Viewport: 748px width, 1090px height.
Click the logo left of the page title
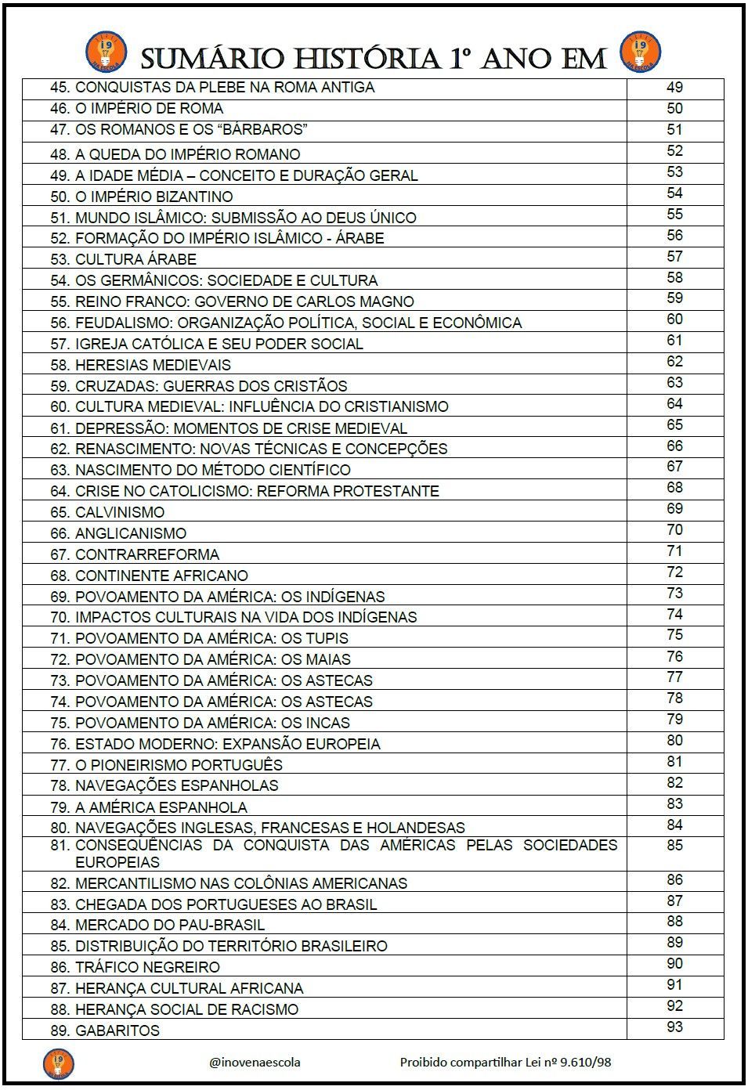100,51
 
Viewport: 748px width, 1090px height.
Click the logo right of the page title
641,51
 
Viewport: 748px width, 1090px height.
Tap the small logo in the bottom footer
58,1063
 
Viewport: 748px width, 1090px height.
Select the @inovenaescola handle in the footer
255,1063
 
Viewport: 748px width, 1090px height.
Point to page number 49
674,87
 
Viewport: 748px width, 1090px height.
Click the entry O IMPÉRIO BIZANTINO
154,197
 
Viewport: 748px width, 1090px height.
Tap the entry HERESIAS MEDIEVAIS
153,365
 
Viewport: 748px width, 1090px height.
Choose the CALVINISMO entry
119,513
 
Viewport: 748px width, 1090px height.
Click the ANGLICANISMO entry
130,534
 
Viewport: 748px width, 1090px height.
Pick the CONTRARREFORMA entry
146,555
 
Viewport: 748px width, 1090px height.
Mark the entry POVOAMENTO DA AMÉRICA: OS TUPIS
211,639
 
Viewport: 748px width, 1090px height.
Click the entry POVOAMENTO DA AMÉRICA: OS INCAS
212,724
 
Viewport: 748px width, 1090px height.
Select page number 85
674,846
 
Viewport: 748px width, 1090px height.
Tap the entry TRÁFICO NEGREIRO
147,968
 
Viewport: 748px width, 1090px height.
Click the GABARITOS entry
117,1031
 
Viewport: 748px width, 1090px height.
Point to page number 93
674,1027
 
